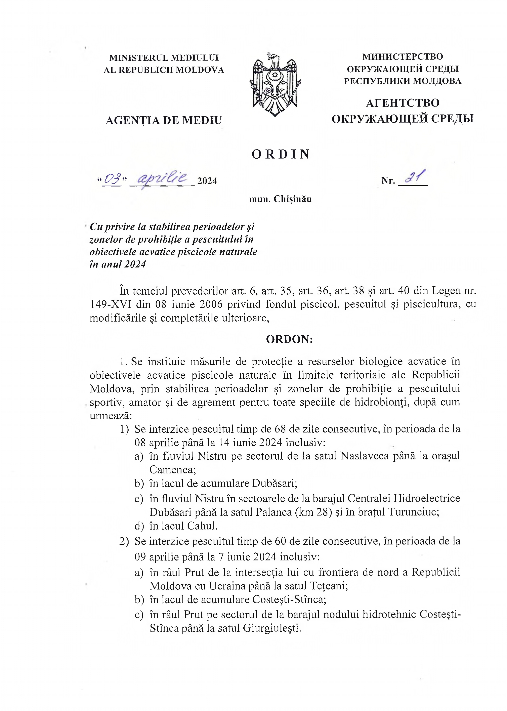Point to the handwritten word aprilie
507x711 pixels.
pyautogui.click(x=162, y=179)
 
